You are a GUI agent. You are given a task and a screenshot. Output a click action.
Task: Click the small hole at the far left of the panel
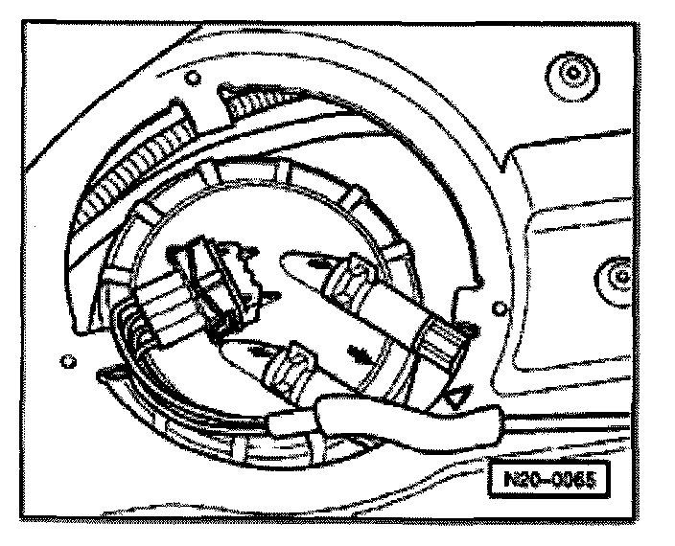coord(66,361)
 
